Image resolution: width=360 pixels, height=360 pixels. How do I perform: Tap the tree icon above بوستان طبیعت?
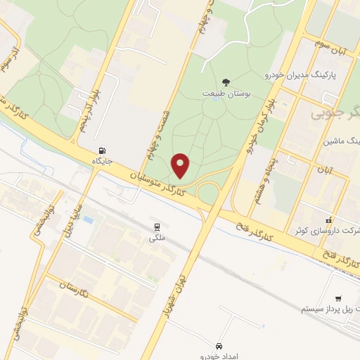coord(226,82)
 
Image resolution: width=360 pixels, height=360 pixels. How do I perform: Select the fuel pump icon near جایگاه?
coord(103,150)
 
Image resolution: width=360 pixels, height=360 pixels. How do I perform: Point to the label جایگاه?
coord(103,161)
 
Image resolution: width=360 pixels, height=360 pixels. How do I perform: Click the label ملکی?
coord(156,238)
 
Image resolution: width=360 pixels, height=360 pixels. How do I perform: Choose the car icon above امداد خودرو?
coord(219,346)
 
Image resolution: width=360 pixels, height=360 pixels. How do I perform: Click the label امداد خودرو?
coord(219,356)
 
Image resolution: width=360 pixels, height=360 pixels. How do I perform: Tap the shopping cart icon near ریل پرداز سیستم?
coord(338,298)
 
